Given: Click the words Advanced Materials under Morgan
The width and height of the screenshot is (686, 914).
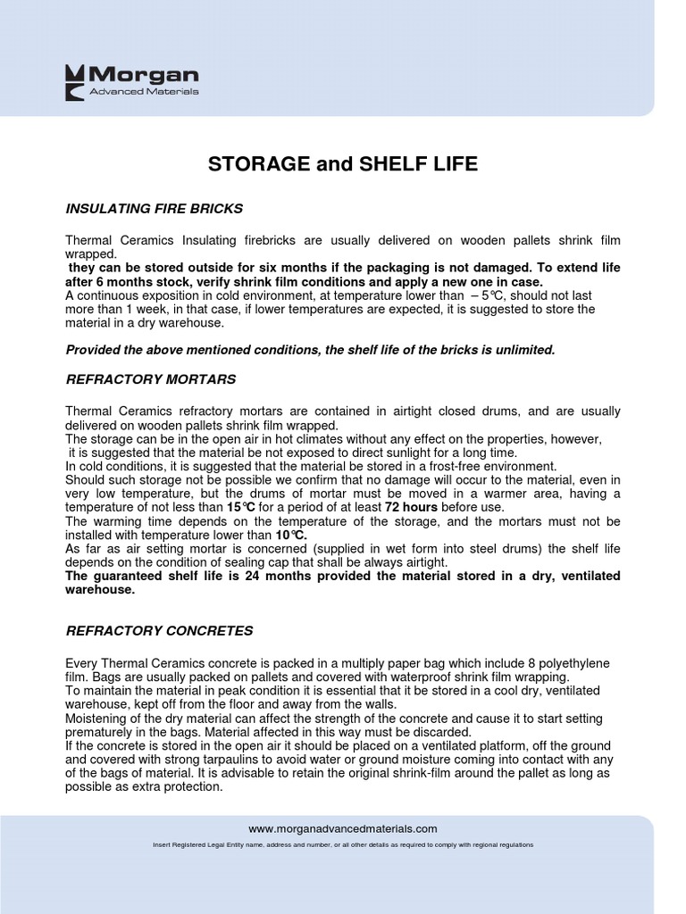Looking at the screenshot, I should pos(144,92).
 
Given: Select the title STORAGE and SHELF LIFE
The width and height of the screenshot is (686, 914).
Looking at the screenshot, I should pos(343,164).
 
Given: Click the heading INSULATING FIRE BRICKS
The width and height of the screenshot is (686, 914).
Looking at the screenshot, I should pos(155,209).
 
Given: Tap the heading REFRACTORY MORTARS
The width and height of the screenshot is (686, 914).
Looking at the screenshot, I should pos(151,379).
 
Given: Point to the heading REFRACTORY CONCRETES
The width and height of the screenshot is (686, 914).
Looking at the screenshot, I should pos(160,630).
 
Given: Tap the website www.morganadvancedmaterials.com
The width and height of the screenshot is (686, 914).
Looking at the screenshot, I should pos(343,828).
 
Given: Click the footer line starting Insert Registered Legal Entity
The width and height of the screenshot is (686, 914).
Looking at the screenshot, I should pos(343,844).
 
